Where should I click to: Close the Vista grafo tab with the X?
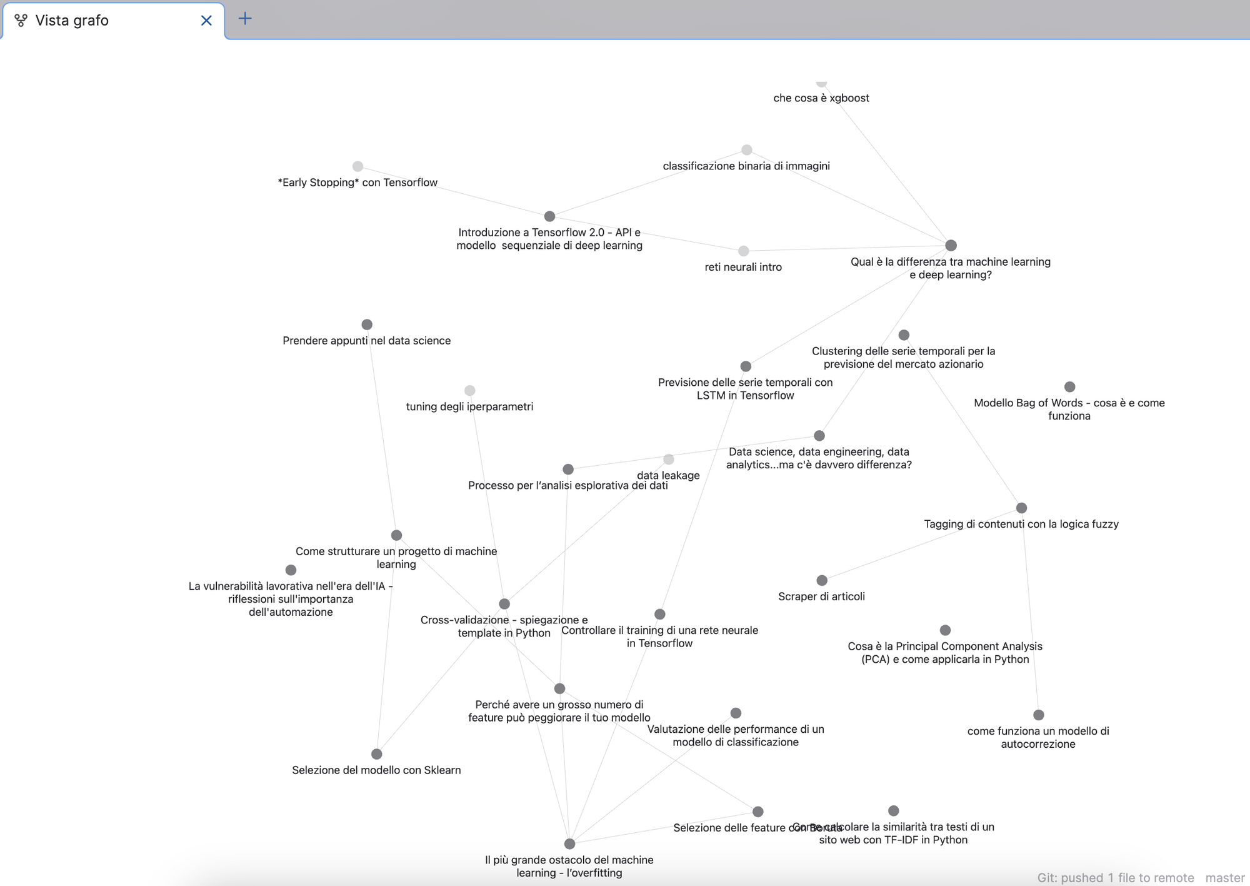pos(206,21)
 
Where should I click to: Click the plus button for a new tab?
pos(245,19)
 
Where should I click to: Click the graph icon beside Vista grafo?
pos(21,21)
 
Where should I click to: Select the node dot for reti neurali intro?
pos(743,251)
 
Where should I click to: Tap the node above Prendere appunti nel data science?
pos(367,325)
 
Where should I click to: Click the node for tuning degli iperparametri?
pos(470,391)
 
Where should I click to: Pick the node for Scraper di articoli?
pos(822,580)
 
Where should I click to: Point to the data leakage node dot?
pos(669,460)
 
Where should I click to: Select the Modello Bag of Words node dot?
pos(1069,387)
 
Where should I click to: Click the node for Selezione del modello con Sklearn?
pos(376,754)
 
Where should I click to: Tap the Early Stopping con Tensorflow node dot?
pos(357,166)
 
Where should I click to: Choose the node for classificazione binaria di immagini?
pos(746,150)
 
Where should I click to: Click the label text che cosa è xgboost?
pos(821,98)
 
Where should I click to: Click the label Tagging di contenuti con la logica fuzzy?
pos(1021,524)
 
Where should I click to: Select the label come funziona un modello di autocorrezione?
pos(1037,737)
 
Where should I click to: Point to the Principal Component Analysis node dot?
pos(945,630)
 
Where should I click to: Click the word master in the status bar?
pos(1224,878)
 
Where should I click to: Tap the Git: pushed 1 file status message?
pos(1115,878)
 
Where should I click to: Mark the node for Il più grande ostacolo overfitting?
pos(569,844)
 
